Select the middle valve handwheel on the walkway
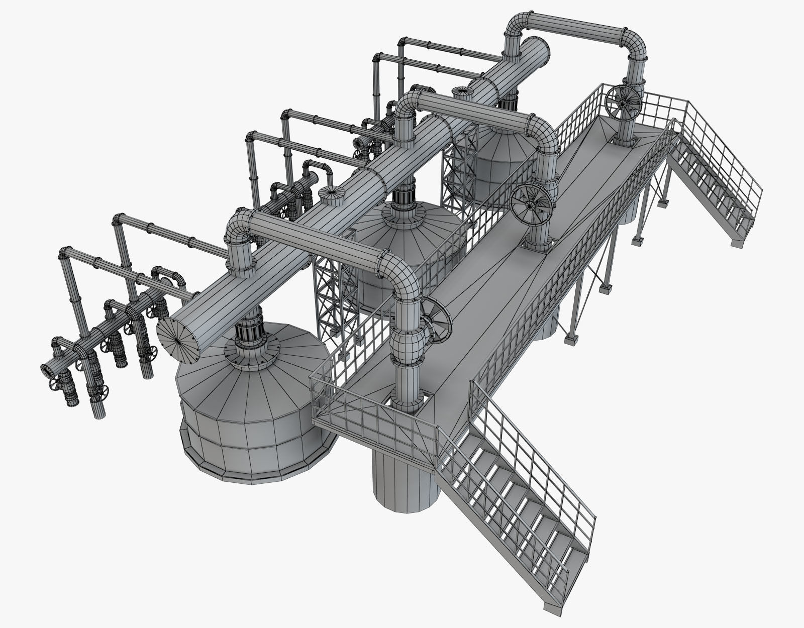click(532, 201)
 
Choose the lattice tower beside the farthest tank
click(460, 166)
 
